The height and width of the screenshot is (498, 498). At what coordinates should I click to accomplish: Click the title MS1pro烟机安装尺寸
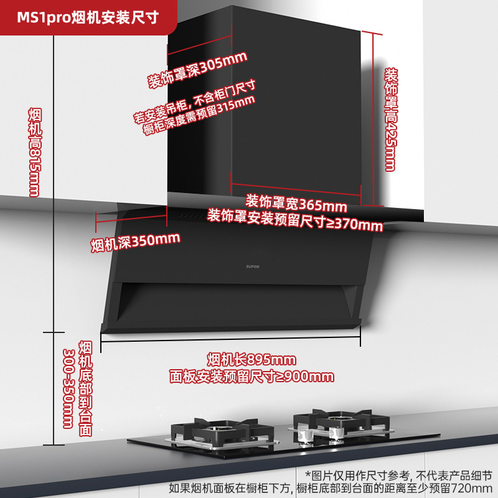click(x=87, y=17)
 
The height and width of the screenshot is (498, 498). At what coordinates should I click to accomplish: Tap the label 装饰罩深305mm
click(x=197, y=69)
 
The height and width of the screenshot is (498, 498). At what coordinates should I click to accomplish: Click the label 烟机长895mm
click(x=251, y=360)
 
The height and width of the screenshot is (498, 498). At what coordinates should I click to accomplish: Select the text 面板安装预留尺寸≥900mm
click(x=251, y=376)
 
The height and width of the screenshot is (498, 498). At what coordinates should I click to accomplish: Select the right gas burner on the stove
click(x=337, y=423)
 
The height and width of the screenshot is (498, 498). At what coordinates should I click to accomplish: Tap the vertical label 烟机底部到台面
click(x=86, y=388)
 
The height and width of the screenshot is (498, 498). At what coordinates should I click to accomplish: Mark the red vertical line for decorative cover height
click(x=374, y=118)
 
